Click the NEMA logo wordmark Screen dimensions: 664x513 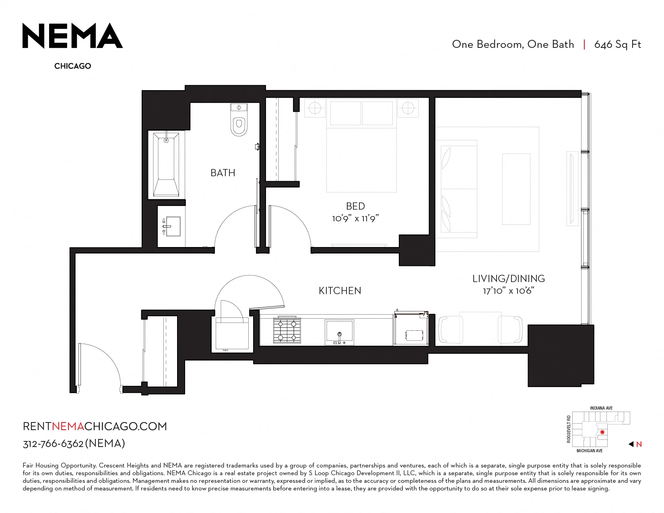[72, 35]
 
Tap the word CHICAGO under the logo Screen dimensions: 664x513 [72, 66]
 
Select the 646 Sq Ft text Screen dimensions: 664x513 [617, 45]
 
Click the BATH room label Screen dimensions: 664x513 [223, 173]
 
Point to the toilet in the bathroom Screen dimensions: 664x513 [239, 120]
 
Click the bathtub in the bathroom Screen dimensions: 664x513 [166, 165]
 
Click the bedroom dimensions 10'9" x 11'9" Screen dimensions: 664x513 [355, 218]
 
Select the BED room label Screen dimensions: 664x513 [355, 206]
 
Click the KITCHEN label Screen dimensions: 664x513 [340, 291]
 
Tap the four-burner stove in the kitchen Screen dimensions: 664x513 [287, 330]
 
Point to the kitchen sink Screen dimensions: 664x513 [339, 332]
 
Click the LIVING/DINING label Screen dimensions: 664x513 [509, 279]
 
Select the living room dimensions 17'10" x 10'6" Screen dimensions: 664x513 [509, 290]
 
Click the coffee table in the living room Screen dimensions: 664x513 [516, 189]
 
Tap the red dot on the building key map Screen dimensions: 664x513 [602, 433]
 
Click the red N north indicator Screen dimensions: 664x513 [639, 445]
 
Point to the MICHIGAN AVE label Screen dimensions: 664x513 [590, 451]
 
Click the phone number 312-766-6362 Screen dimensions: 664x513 [53, 444]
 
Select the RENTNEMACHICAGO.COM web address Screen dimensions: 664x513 [95, 426]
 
